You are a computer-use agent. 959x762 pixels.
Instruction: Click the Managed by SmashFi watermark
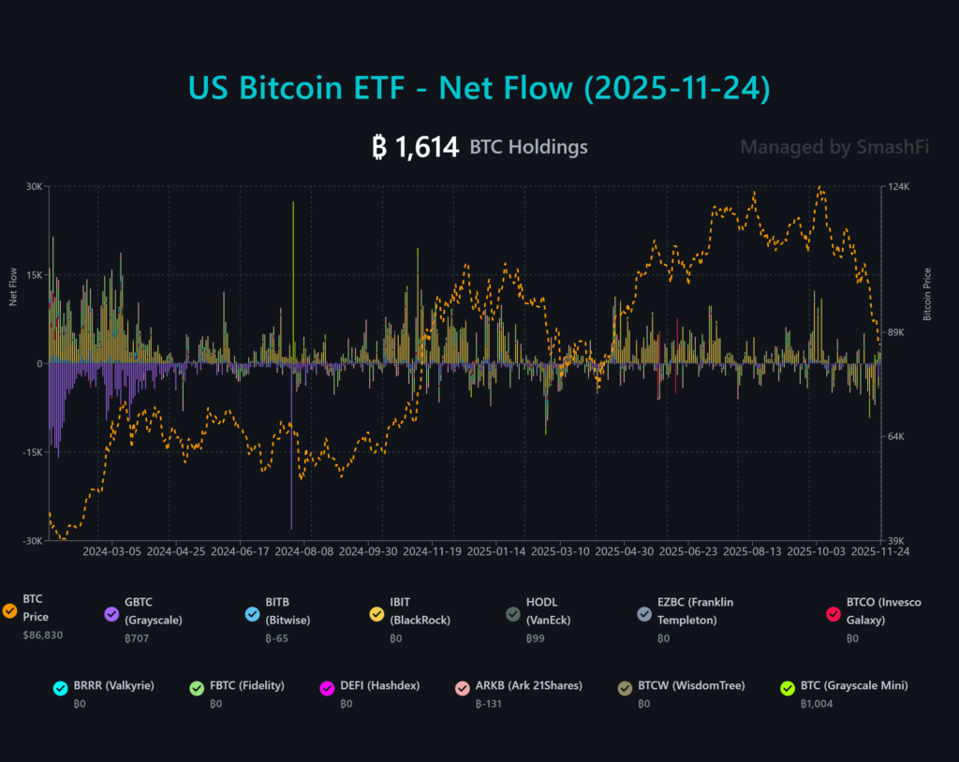tap(834, 147)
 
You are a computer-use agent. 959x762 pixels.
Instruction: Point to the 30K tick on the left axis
tap(34, 186)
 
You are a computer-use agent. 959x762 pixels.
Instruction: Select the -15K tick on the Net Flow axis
tap(32, 452)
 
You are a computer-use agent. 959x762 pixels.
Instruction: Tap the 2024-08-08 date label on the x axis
tap(304, 552)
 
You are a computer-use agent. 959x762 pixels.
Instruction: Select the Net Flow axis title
tap(13, 287)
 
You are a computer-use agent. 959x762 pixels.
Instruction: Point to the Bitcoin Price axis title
tap(927, 294)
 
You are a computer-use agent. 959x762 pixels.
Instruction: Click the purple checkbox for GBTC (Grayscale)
tap(111, 613)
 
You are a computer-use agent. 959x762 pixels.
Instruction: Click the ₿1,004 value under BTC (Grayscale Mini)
tap(816, 704)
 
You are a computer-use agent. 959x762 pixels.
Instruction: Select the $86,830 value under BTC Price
tap(42, 636)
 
